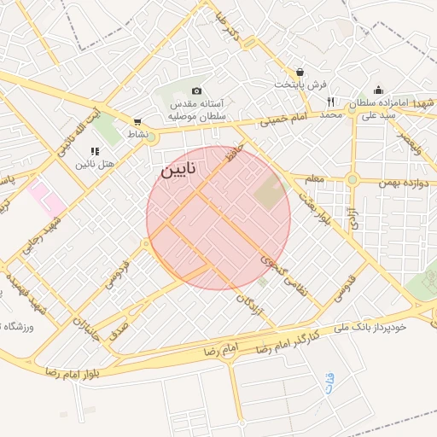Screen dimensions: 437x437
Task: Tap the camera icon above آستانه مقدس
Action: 196,91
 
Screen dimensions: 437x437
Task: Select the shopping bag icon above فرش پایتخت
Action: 300,73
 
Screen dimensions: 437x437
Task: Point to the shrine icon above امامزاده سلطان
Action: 378,90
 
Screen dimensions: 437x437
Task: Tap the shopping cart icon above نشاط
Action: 138,122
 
